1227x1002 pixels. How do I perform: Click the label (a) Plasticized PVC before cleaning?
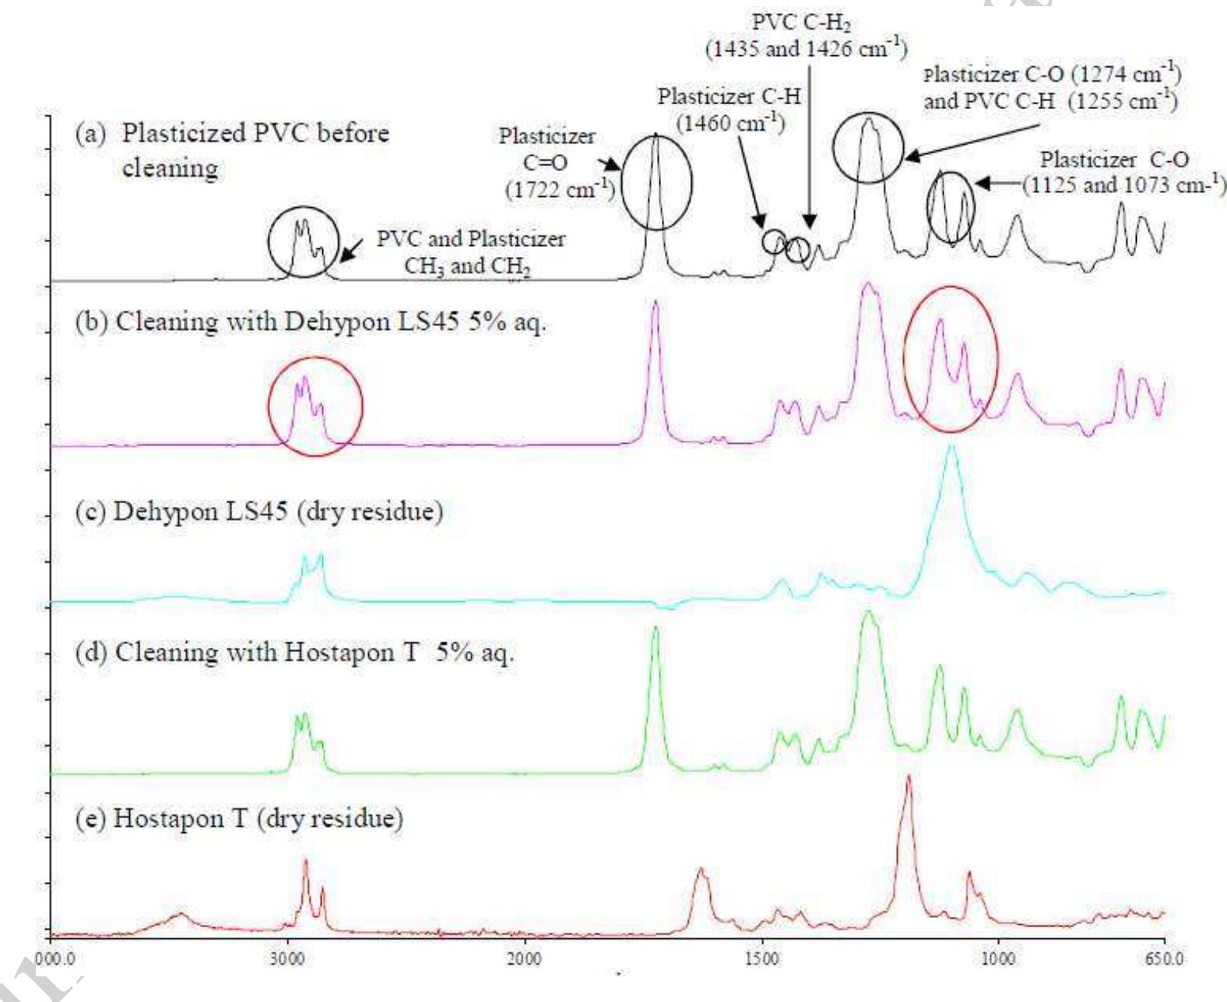point(232,149)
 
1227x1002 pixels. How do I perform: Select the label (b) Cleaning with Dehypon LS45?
point(310,322)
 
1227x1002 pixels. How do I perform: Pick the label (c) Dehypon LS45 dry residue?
point(258,512)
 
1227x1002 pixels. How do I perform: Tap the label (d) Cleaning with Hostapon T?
point(294,652)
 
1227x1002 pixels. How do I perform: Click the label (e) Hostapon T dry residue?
point(239,818)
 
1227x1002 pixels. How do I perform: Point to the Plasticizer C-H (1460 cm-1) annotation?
point(729,109)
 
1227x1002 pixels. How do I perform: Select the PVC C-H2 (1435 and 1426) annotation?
point(806,36)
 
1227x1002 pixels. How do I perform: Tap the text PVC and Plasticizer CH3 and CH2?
point(470,252)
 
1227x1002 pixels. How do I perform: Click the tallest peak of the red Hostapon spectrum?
point(908,778)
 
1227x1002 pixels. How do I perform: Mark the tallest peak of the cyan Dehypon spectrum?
point(950,448)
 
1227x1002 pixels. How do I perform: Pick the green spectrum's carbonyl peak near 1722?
point(655,629)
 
